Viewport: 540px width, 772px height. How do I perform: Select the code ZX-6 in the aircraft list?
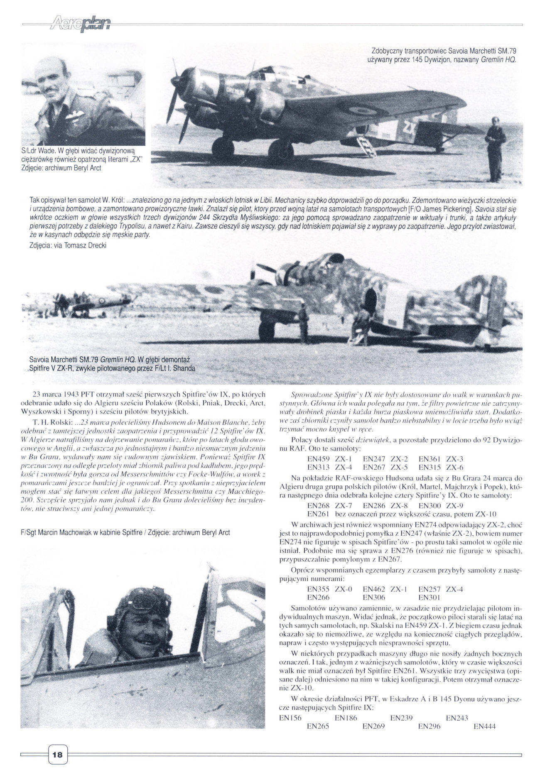coord(455,467)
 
